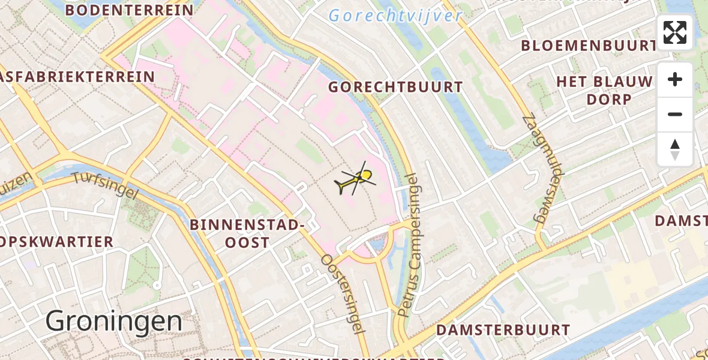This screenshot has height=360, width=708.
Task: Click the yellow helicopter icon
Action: point(356,180)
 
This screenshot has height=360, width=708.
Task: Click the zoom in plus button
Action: point(675,80)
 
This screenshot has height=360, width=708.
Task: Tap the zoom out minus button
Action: point(675,114)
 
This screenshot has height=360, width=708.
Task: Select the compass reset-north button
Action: point(675,149)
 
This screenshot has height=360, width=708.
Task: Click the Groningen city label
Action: point(114,322)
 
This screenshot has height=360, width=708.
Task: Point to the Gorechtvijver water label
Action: point(395,16)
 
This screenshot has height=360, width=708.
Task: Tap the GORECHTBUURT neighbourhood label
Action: point(395,88)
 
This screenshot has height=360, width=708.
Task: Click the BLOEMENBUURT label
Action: point(588,46)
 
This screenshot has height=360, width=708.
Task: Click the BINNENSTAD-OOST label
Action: point(244,233)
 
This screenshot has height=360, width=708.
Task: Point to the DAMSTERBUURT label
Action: point(503,330)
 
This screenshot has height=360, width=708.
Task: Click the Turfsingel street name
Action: point(104,185)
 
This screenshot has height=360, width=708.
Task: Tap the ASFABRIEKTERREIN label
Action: point(77,77)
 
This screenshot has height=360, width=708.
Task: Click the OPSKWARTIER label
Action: point(56,242)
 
